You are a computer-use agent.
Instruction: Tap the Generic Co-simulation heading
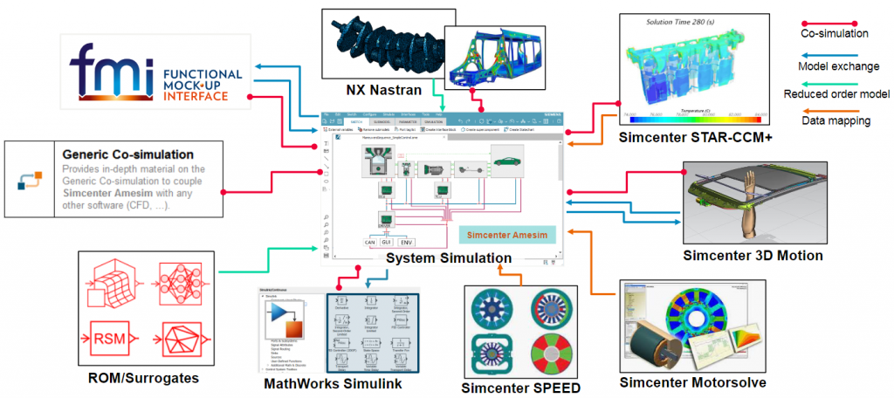(x=114, y=154)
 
